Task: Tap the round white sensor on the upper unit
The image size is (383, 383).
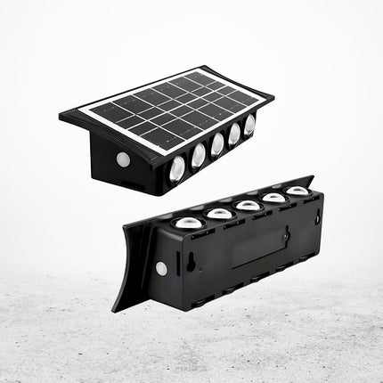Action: (123, 159)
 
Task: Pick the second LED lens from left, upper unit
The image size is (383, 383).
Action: (198, 155)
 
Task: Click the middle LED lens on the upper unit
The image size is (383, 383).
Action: (217, 144)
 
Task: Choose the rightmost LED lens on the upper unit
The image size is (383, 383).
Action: (249, 126)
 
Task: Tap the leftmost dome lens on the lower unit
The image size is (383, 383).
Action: (189, 222)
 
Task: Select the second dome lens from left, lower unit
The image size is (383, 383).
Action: (219, 213)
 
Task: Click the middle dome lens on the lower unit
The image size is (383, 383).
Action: (248, 205)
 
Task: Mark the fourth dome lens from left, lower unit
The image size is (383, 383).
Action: (273, 198)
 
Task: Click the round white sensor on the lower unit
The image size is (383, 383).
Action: (161, 267)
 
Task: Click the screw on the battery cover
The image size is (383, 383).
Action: (285, 236)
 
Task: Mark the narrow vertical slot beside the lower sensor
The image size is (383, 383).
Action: (173, 268)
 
